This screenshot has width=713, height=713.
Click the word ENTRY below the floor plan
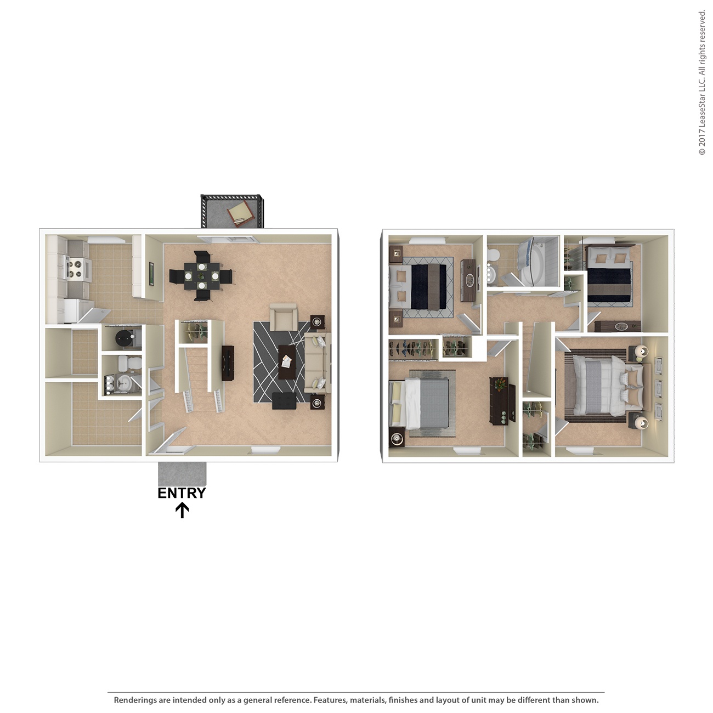(x=182, y=493)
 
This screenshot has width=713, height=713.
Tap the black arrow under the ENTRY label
(x=182, y=511)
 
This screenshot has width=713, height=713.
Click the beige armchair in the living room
(x=284, y=317)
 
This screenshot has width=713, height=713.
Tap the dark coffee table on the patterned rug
(x=287, y=361)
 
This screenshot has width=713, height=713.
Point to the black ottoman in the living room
(x=284, y=401)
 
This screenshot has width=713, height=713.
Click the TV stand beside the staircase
(x=228, y=363)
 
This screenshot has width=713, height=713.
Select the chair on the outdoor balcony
(x=240, y=213)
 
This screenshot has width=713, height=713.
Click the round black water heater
(x=125, y=339)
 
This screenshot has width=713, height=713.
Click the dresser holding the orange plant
(x=502, y=400)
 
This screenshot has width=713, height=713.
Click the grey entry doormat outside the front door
(x=182, y=473)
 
